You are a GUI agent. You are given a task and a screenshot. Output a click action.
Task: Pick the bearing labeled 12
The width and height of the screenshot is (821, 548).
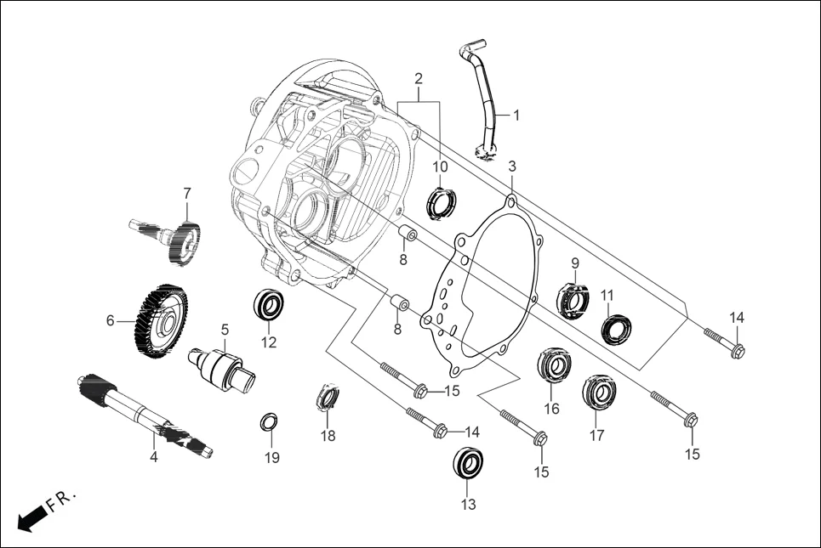tap(271, 305)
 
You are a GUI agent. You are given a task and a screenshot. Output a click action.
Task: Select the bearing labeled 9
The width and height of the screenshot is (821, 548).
tap(573, 299)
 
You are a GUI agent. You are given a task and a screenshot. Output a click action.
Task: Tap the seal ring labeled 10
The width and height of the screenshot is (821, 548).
tap(441, 203)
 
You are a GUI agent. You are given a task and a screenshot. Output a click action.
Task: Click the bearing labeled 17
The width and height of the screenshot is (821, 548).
tap(597, 391)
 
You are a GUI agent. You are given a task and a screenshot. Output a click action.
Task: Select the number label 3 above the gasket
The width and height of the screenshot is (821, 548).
tap(512, 165)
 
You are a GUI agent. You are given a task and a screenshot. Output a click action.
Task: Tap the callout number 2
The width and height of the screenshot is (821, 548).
tap(419, 78)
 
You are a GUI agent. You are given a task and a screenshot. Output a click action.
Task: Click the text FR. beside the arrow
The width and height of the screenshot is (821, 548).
tap(61, 499)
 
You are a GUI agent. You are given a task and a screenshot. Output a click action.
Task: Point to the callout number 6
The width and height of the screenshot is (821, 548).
tap(110, 320)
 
